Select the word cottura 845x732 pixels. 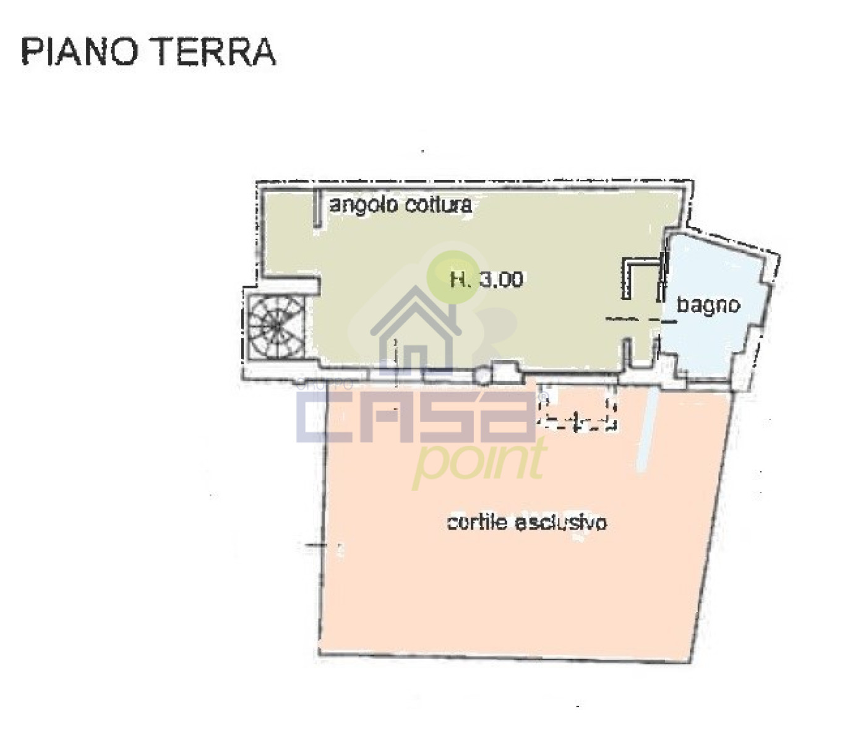tap(438, 204)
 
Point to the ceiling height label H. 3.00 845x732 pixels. tap(486, 280)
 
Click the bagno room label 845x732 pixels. tap(708, 306)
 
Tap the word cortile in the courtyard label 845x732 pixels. tap(478, 522)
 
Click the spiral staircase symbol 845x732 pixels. tap(277, 326)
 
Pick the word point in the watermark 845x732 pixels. tap(479, 463)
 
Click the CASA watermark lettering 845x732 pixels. tap(416, 417)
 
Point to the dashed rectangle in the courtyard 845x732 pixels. tap(577, 407)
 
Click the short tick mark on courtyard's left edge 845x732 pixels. tap(316, 545)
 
